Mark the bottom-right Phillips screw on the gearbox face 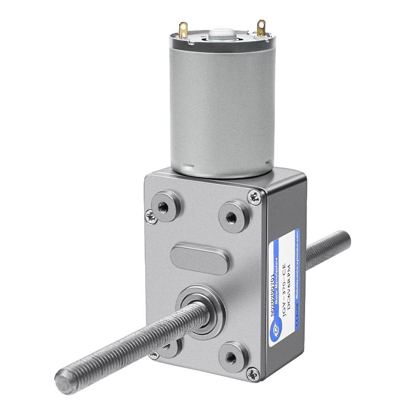pyautogui.click(x=253, y=374)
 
